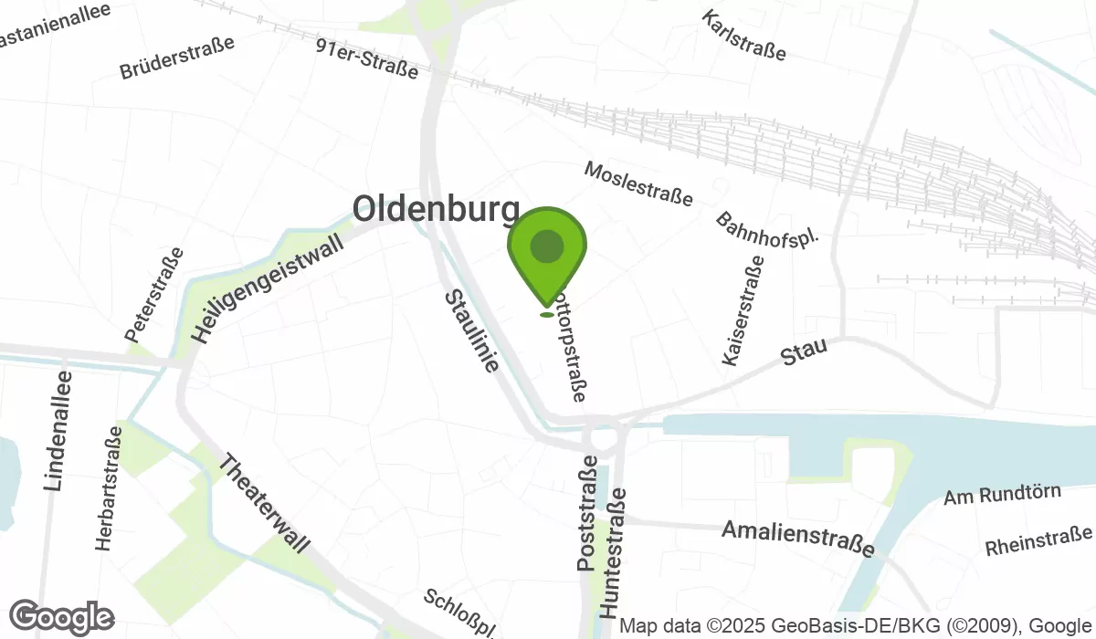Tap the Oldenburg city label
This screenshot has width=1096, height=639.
tap(436, 209)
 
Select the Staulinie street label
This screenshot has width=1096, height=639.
tap(472, 331)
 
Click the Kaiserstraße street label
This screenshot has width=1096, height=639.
tap(743, 311)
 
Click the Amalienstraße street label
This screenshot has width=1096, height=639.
tap(798, 538)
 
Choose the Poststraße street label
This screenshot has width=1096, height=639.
tap(588, 516)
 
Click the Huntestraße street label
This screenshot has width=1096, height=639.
tap(614, 553)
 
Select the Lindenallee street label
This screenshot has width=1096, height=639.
tap(57, 430)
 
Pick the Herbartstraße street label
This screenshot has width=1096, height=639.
tap(108, 488)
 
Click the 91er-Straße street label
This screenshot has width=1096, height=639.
tap(366, 58)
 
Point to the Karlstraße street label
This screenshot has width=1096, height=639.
tap(745, 36)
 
